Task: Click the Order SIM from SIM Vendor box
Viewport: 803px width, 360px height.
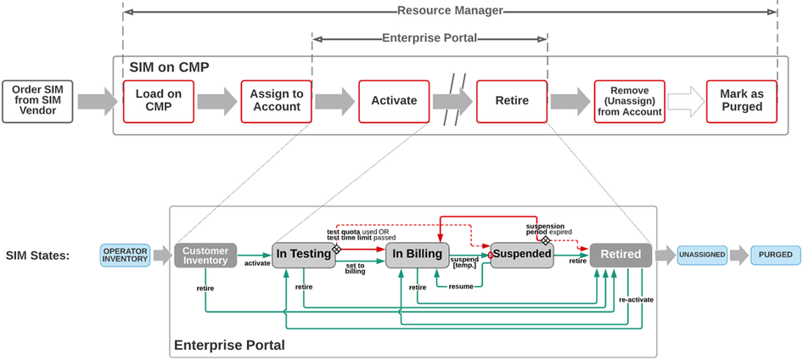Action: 36,101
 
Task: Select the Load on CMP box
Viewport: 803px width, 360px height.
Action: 158,101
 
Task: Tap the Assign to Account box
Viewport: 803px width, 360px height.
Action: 276,101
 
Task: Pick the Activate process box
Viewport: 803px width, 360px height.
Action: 394,101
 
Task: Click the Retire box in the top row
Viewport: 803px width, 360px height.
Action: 512,101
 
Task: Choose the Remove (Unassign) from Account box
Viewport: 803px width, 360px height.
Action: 629,101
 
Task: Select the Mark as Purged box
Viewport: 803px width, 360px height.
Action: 741,101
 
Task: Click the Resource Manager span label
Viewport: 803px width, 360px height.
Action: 450,11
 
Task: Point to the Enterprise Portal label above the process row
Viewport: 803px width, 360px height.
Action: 430,38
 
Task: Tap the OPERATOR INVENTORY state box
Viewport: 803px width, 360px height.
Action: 125,255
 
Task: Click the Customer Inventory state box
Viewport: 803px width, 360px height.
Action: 205,255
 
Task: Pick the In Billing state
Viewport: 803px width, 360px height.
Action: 417,255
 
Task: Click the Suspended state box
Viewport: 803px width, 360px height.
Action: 522,255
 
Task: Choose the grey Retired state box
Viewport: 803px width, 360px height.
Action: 621,255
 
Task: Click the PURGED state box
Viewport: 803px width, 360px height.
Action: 775,255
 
